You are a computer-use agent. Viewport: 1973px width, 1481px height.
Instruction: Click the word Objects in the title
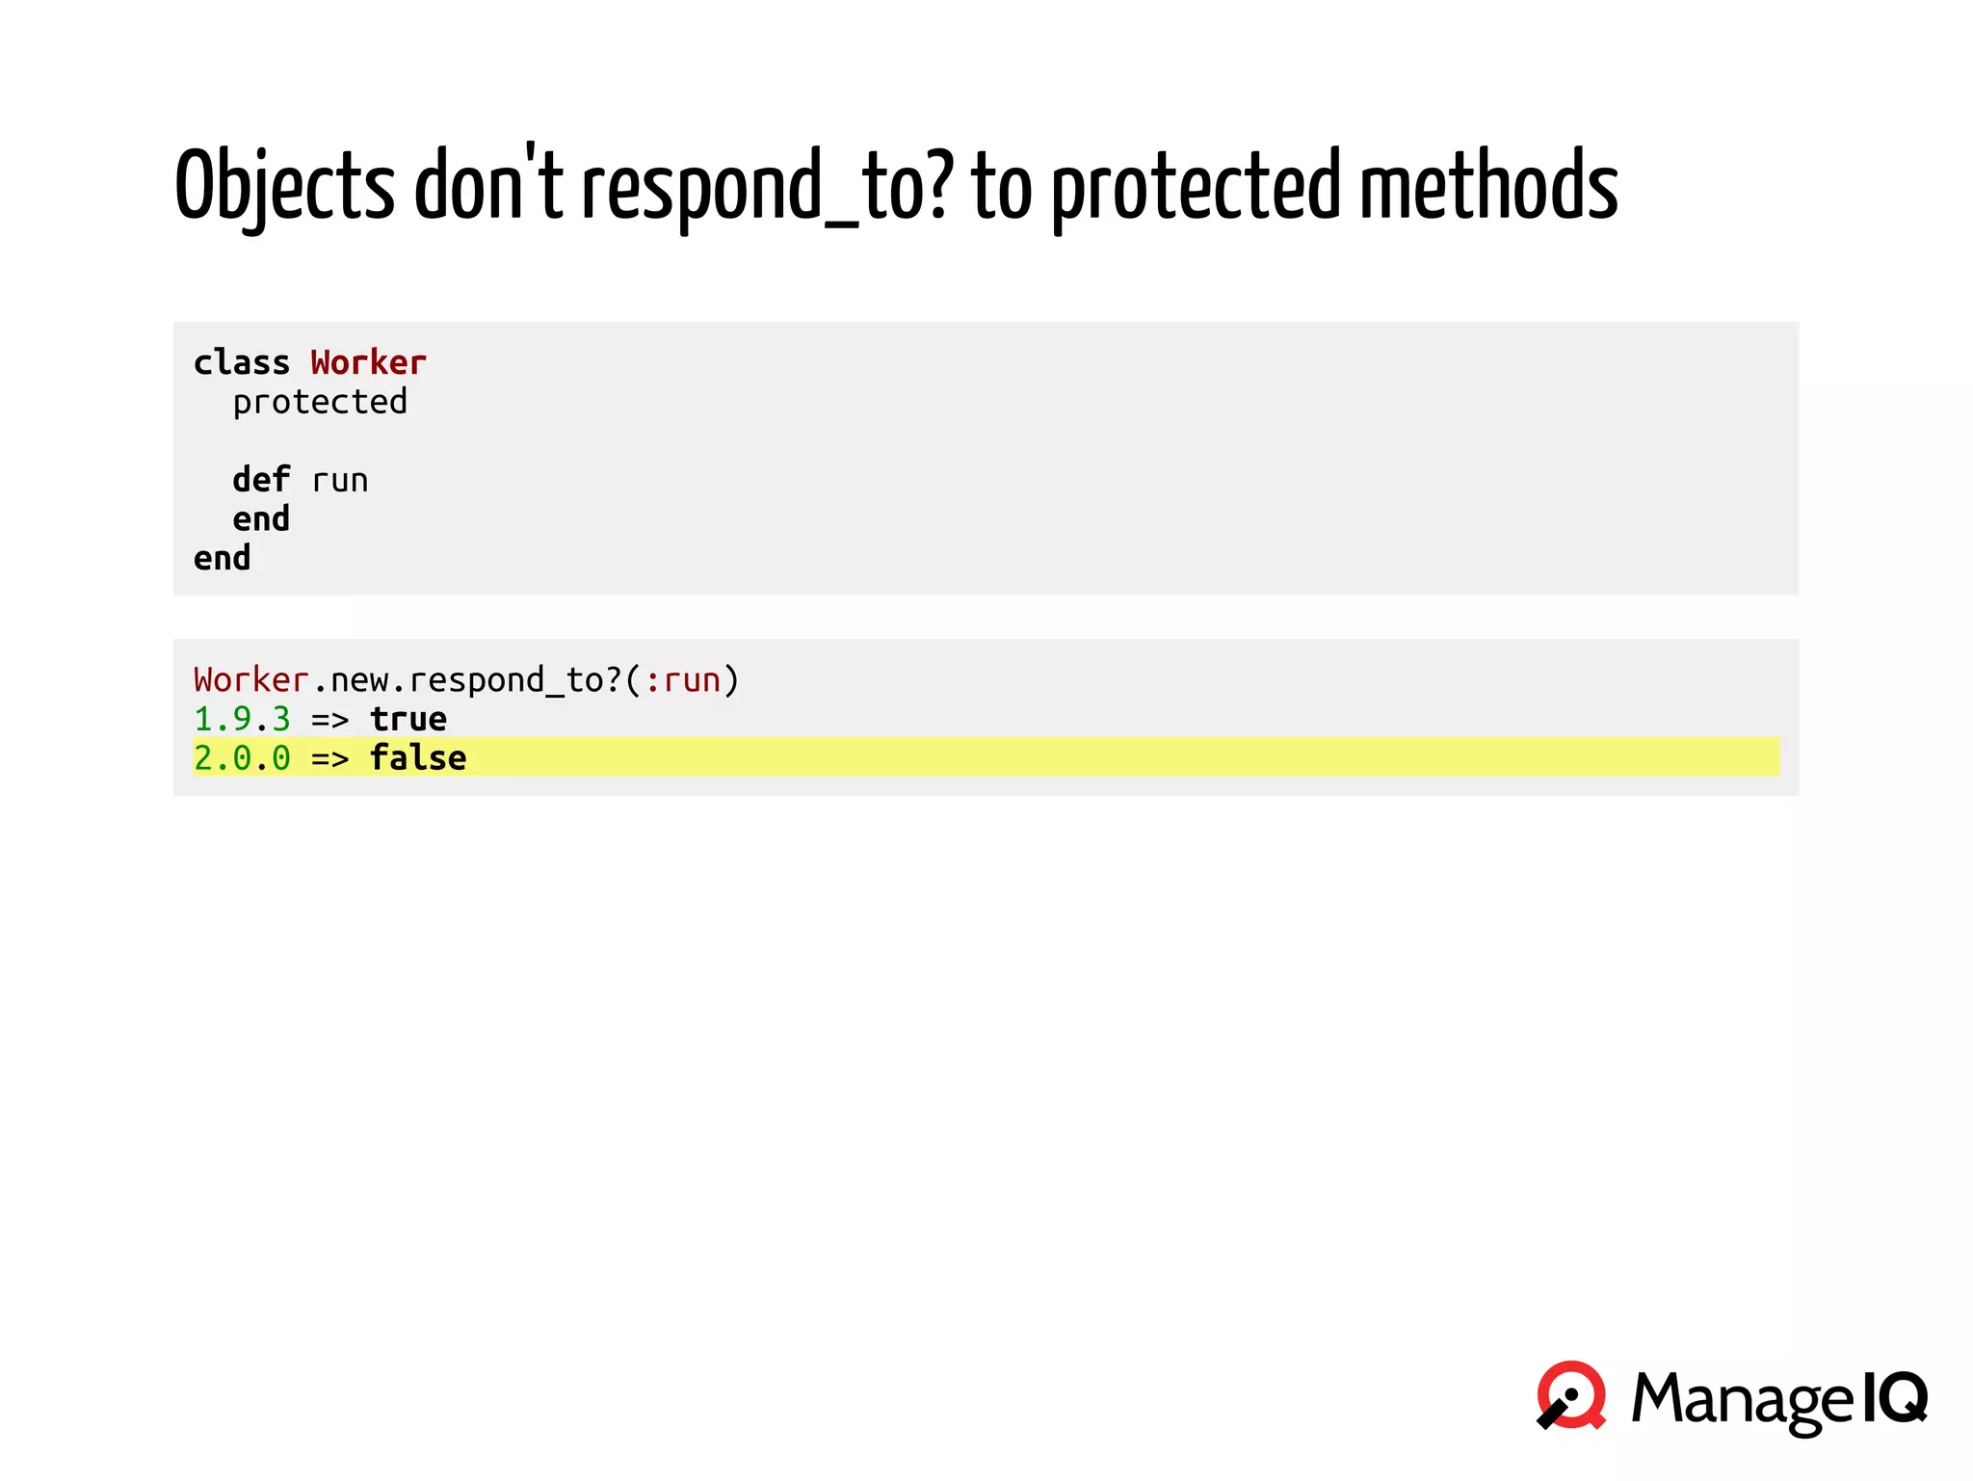point(284,185)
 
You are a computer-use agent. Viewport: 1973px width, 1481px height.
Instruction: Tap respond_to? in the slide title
point(767,185)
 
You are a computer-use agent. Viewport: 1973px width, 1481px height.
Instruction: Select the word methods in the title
point(1488,185)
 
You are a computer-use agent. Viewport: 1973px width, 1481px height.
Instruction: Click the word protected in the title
point(1195,185)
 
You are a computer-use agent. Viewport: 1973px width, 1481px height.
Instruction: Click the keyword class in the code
point(241,363)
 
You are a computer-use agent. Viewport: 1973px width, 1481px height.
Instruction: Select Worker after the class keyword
point(368,363)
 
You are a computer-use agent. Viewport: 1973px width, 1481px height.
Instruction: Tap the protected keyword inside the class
point(320,403)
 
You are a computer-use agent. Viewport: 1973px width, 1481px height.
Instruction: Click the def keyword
point(260,480)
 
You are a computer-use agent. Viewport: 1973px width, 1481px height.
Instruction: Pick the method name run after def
point(339,481)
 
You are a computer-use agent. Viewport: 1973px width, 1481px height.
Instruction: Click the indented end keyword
point(260,519)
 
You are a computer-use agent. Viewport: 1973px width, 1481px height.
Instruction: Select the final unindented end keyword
point(222,559)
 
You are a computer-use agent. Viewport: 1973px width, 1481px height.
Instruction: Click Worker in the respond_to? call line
point(250,680)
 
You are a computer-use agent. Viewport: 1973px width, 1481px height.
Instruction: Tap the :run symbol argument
point(682,680)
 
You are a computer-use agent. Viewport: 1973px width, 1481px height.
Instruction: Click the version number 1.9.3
point(241,720)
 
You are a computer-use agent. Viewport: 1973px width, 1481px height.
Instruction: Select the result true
point(408,720)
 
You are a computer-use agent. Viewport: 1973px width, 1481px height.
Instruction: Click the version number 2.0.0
point(241,758)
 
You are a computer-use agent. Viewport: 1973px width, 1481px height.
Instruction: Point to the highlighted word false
point(418,758)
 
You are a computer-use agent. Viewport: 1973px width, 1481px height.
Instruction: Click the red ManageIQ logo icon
point(1571,1395)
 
